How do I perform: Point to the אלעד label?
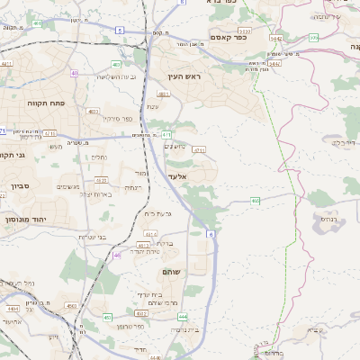point(177,176)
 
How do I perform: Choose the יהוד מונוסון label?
point(24,220)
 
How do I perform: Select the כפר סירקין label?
point(117,118)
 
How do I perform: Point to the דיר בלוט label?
point(345,142)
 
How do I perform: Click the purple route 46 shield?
point(117,256)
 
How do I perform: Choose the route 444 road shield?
point(183,317)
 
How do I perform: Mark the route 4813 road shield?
point(144,245)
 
